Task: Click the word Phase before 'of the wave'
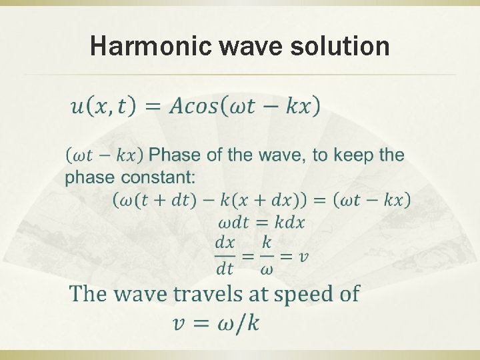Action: coord(173,155)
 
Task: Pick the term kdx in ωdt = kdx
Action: coord(289,222)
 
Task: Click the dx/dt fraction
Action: coord(225,255)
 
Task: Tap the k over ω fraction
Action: coord(267,255)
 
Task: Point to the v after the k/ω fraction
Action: coord(303,256)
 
